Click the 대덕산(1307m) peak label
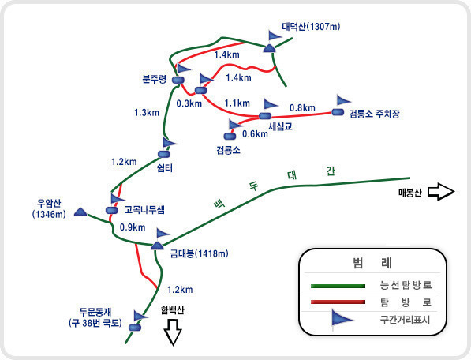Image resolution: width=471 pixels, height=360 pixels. click(311, 27)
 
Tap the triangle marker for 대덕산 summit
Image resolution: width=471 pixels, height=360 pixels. click(270, 48)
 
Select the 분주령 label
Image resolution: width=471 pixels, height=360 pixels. click(154, 79)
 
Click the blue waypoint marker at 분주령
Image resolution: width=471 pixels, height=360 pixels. click(178, 80)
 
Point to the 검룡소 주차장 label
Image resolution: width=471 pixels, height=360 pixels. click(374, 114)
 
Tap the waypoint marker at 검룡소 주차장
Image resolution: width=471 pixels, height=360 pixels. click(338, 112)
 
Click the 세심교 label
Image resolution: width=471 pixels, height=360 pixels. click(280, 126)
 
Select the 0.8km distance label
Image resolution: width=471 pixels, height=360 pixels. click(302, 107)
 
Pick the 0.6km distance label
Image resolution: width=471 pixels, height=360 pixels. click(255, 133)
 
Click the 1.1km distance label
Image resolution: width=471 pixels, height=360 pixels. click(237, 103)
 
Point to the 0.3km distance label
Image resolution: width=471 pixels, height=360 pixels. click(189, 103)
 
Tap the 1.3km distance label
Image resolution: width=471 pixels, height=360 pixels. click(147, 112)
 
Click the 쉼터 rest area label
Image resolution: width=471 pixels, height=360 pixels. click(165, 168)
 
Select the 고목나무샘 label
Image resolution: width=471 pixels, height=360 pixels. click(144, 209)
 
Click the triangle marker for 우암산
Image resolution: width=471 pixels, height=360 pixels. click(80, 212)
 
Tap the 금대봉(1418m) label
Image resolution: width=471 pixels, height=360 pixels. click(199, 253)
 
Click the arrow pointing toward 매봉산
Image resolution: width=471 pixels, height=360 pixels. click(441, 191)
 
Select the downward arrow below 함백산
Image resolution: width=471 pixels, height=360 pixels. click(173, 332)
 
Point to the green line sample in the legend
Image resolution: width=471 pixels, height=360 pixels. click(338, 286)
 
